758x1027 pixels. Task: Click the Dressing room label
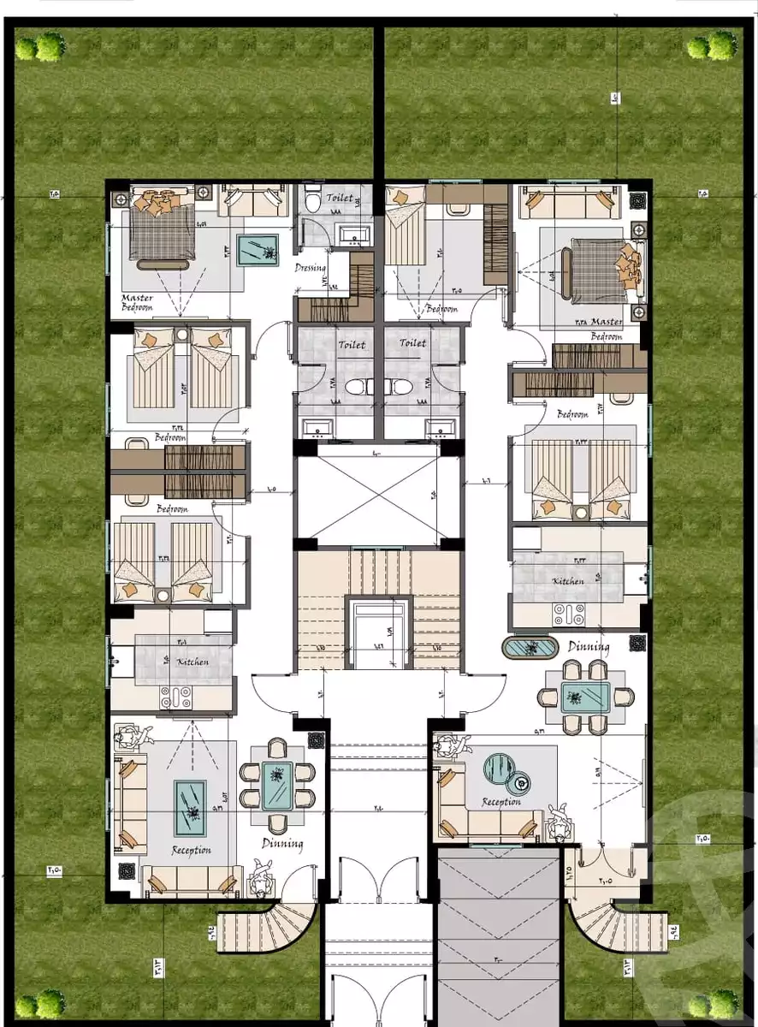[x=311, y=268]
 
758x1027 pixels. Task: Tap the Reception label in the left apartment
[x=191, y=850]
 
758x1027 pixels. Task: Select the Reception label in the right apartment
[x=501, y=802]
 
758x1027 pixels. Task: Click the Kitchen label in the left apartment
[x=192, y=662]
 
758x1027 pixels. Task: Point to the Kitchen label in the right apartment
[x=568, y=580]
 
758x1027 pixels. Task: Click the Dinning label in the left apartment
[x=282, y=844]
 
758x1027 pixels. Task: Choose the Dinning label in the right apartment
[x=589, y=647]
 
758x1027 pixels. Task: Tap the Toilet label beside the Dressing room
[x=340, y=198]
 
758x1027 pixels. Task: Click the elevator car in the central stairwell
[x=380, y=634]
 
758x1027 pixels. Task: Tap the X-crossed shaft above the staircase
[x=379, y=500]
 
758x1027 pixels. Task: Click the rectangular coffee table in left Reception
[x=190, y=807]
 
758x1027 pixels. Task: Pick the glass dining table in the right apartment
[x=585, y=698]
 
